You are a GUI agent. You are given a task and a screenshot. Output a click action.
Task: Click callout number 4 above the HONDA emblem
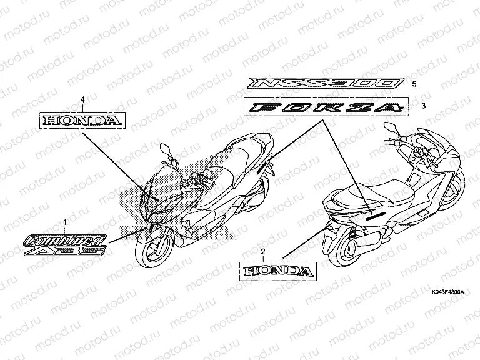82,99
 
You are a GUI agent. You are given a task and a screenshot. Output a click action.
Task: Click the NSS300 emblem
324,83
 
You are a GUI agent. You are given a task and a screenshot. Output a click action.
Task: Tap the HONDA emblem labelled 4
83,120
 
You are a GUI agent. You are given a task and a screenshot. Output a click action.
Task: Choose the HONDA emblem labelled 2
276,271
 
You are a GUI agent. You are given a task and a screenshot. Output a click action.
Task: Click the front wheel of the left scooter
153,252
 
